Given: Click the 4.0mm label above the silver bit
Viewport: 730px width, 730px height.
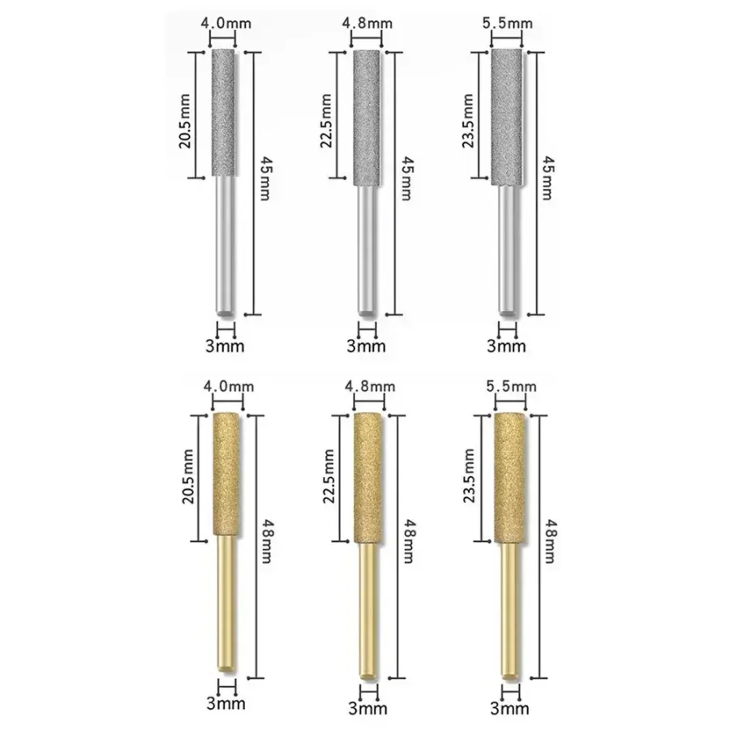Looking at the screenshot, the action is click(x=225, y=23).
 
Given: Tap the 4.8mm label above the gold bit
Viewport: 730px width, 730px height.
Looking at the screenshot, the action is click(x=370, y=386).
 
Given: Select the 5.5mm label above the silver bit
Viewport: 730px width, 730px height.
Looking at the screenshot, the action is click(x=508, y=23).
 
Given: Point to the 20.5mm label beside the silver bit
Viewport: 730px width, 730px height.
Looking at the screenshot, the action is click(x=185, y=121).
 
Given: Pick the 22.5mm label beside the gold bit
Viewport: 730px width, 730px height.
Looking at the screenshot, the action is click(x=328, y=476).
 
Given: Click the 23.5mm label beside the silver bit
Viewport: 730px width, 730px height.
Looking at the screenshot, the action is click(x=468, y=121).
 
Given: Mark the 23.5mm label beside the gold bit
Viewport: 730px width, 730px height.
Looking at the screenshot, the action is click(x=469, y=475).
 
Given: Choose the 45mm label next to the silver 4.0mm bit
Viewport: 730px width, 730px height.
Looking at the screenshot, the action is click(x=266, y=178).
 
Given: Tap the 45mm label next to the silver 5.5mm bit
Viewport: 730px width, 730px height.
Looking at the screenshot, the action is click(x=549, y=178).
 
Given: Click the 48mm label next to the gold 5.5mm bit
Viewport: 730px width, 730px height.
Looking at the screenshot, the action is click(x=551, y=541).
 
